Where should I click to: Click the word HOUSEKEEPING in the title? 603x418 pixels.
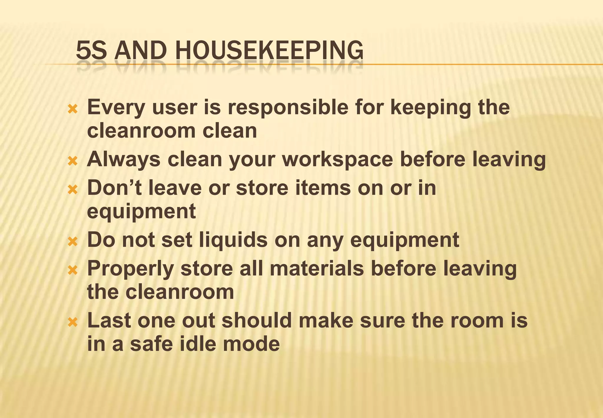click(269, 50)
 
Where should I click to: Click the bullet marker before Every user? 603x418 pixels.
click(72, 110)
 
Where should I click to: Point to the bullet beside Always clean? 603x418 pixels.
click(72, 161)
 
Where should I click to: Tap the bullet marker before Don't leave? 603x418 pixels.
click(72, 190)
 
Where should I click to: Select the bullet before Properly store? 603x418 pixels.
click(72, 270)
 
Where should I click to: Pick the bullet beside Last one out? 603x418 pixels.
click(72, 322)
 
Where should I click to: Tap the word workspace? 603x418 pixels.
click(338, 159)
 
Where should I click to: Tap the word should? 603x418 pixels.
click(257, 320)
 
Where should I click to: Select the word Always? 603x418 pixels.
click(124, 159)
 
